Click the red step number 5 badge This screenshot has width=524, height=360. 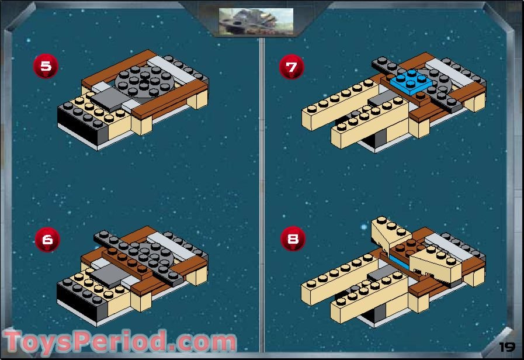(46, 66)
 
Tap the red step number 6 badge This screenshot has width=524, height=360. (47, 239)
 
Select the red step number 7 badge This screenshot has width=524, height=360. (292, 66)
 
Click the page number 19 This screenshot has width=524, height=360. (506, 347)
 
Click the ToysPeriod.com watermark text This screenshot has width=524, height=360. (120, 342)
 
